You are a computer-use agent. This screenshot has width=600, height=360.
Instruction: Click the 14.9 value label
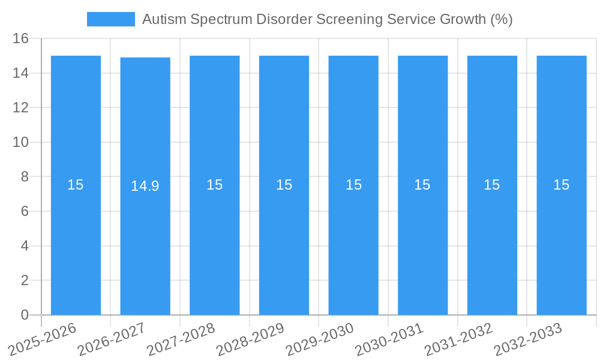point(145,186)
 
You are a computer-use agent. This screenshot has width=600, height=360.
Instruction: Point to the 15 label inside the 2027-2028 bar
point(214,185)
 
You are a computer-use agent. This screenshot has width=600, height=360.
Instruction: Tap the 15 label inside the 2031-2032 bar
point(492,185)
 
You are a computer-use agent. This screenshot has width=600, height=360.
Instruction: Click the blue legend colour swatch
point(111,19)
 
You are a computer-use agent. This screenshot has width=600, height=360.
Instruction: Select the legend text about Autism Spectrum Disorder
point(327,19)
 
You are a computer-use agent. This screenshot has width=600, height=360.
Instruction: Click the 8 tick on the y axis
point(24,177)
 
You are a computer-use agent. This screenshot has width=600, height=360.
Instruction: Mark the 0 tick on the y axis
point(24,315)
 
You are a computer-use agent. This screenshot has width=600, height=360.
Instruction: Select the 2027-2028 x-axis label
point(181,338)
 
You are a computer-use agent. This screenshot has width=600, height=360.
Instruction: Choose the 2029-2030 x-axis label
point(320,338)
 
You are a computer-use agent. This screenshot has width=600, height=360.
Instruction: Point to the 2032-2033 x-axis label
point(528,338)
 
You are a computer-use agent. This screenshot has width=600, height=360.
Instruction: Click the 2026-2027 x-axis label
point(112,338)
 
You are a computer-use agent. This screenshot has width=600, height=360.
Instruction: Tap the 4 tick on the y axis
point(24,246)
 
